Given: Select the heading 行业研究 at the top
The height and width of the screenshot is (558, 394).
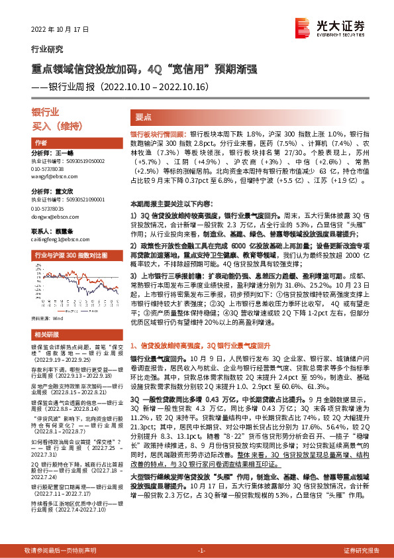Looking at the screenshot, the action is pos(48,49).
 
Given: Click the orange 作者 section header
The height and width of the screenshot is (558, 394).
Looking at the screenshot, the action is pos(40,142).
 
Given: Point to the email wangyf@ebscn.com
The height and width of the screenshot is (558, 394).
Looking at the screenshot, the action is pos(54,176).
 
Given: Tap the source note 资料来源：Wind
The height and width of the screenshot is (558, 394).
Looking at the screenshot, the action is pos(48,318).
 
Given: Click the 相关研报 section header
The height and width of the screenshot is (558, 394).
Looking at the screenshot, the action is pos(46,335).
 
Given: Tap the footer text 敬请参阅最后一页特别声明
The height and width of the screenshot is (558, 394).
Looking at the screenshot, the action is pos(60,551).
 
